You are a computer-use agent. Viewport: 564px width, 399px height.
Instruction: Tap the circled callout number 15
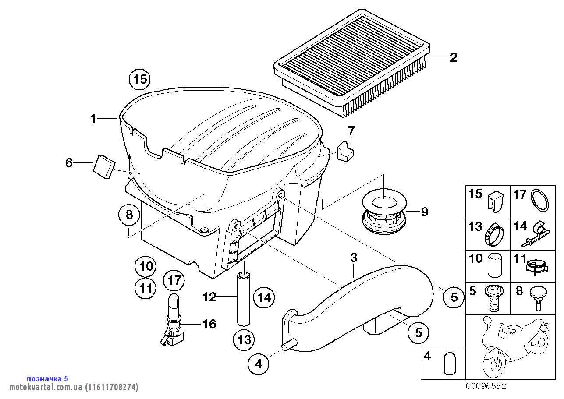[x=139, y=79]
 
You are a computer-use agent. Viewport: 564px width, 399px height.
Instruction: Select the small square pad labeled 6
[x=104, y=166]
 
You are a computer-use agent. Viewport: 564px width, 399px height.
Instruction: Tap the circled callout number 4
[x=259, y=363]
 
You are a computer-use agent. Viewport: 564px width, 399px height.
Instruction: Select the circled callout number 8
[x=129, y=215]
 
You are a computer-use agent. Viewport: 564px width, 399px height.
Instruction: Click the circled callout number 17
[x=174, y=279]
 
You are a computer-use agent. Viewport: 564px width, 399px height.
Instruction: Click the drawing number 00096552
[x=486, y=386]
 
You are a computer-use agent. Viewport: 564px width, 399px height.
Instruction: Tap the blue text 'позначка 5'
[x=47, y=379]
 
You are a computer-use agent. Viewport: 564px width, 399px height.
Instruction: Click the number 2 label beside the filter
[x=453, y=57]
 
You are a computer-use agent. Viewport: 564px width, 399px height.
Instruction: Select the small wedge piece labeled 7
[x=347, y=151]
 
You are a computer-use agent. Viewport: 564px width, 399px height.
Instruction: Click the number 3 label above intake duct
[x=353, y=258]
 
